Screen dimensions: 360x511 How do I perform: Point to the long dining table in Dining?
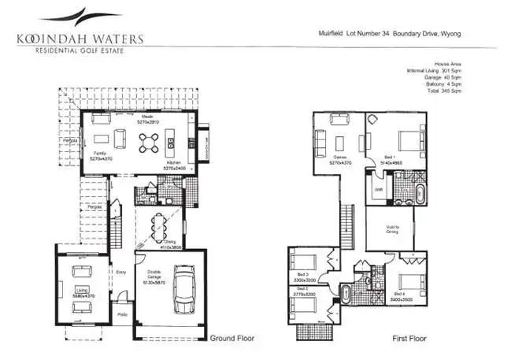click(164, 220)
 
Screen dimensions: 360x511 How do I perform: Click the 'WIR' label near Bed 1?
click(378, 190)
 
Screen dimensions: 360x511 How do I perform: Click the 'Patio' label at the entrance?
click(122, 314)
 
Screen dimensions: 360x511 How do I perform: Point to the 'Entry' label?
click(120, 273)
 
